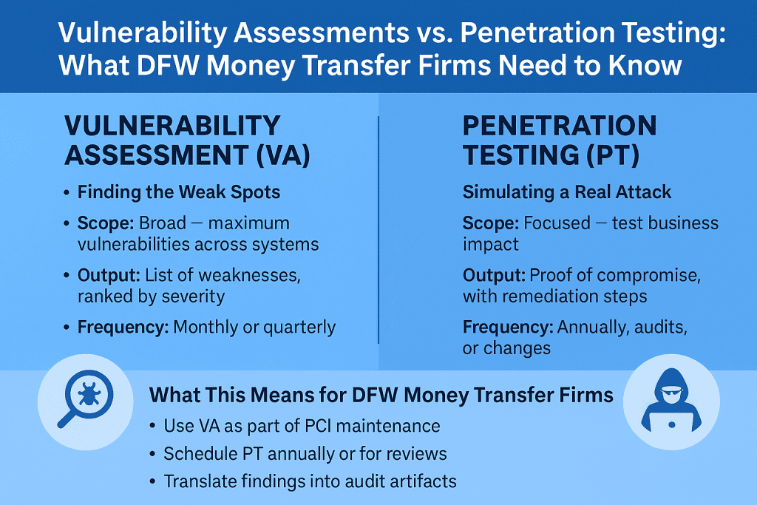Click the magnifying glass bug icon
(85, 400)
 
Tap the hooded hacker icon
(671, 401)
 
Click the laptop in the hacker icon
(671, 421)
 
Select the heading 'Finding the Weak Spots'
(179, 192)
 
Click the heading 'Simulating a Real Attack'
(567, 192)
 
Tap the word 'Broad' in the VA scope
(162, 223)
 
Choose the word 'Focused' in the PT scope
(557, 223)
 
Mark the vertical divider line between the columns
(378, 230)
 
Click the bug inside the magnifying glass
(89, 394)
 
